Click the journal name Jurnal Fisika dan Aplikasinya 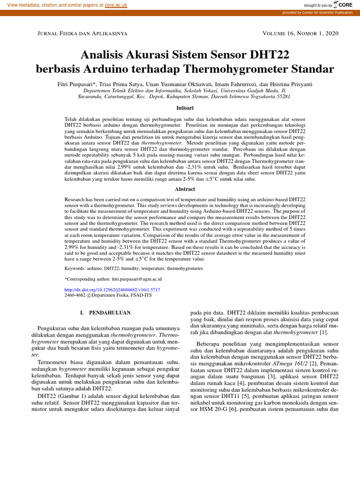tap(79, 34)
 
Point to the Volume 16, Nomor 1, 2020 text tap(301, 34)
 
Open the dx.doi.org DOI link tap(112, 290)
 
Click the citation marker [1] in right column tap(323, 332)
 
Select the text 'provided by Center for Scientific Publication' tap(317, 13)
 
